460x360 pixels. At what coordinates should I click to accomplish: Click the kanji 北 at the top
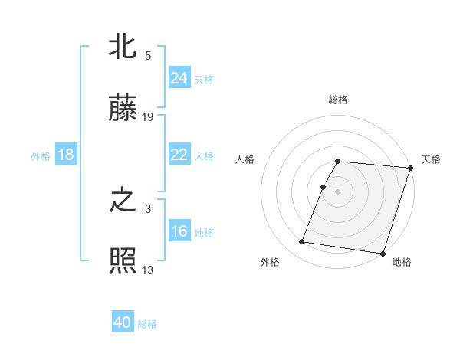[x=123, y=47]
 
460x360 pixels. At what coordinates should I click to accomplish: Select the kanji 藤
[x=123, y=108]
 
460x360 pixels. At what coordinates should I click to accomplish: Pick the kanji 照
[x=123, y=261]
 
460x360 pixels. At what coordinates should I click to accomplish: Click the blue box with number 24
[x=179, y=78]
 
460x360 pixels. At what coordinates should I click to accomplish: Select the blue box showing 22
[x=179, y=155]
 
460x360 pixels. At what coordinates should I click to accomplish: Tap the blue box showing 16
[x=179, y=231]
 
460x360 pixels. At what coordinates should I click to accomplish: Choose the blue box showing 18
[x=66, y=155]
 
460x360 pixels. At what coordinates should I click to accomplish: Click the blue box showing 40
[x=123, y=322]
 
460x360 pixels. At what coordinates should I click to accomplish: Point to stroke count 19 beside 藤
[x=148, y=117]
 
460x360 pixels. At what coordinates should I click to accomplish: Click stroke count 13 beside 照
[x=148, y=270]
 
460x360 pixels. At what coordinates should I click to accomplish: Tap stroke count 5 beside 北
[x=148, y=56]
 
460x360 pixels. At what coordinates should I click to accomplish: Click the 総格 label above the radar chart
[x=338, y=100]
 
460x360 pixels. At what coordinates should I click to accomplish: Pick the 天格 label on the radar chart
[x=431, y=159]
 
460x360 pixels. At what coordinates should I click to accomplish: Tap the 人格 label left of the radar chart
[x=245, y=159]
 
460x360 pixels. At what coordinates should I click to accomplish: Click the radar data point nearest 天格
[x=410, y=168]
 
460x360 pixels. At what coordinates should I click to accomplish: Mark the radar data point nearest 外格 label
[x=302, y=242]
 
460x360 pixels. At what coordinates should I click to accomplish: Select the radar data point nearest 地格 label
[x=382, y=254]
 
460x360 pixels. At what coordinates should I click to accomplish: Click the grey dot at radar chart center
[x=338, y=191]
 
